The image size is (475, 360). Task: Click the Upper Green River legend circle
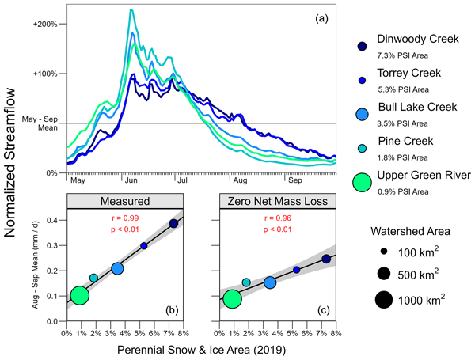362,183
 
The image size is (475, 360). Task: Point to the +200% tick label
44,24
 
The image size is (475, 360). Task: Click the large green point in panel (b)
79,295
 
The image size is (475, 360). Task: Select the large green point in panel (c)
233,298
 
